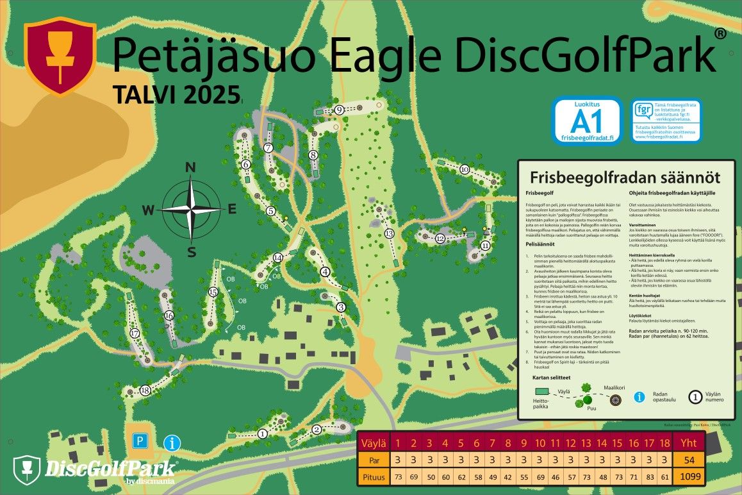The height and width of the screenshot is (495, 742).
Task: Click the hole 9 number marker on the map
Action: [x=339, y=110]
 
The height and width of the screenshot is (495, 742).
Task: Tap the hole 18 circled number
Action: [x=145, y=390]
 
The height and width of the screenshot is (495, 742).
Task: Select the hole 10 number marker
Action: [x=465, y=169]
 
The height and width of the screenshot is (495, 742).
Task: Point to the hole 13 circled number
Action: [x=389, y=233]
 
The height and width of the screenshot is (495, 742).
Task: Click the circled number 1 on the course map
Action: [x=262, y=434]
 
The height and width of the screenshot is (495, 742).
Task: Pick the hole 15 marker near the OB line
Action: [x=213, y=292]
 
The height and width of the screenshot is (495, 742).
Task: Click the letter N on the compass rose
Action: [x=190, y=168]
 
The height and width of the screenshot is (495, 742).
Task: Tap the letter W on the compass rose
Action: [x=147, y=210]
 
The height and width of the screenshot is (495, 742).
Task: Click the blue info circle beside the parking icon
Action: [x=172, y=442]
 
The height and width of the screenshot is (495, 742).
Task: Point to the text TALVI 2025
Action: [x=176, y=94]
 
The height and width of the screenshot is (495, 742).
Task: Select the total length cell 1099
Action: [x=688, y=476]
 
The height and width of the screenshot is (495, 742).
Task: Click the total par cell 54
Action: [x=688, y=460]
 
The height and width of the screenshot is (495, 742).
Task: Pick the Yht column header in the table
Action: [x=688, y=443]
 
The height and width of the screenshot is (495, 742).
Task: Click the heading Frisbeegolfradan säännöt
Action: [x=625, y=177]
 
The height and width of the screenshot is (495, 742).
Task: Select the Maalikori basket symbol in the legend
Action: [x=616, y=401]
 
